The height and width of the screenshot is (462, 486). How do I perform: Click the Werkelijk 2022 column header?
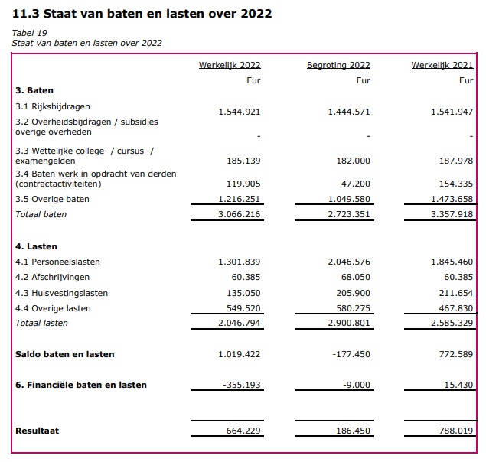[230, 65]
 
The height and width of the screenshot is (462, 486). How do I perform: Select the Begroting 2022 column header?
[338, 65]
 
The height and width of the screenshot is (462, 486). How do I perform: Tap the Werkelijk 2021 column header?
[442, 65]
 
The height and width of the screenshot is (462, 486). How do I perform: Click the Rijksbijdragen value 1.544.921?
[240, 112]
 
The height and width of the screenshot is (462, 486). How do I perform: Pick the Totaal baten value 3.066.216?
[240, 214]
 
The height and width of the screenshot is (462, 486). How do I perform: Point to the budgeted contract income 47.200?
[356, 184]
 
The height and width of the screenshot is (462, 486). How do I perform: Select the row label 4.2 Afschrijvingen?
[52, 277]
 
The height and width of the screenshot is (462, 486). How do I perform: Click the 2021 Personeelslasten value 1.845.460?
[452, 262]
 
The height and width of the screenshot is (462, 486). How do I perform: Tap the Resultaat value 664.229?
[243, 431]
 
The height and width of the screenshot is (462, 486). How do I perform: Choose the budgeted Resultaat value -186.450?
[351, 431]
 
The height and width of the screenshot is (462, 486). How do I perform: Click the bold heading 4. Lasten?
[36, 246]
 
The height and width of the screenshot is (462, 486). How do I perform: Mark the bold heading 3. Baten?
[34, 90]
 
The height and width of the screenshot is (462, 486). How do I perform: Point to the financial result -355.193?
[242, 385]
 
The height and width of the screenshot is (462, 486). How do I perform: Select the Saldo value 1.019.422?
[240, 354]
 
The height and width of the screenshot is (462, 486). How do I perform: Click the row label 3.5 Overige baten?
[52, 199]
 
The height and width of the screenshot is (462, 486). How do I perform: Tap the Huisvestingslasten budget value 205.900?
[354, 293]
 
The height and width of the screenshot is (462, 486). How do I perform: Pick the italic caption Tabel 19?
[29, 33]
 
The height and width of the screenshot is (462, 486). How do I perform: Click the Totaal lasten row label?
[41, 323]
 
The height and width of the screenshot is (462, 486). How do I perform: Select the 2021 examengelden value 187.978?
[456, 161]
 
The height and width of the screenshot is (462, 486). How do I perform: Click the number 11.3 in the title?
[26, 14]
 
